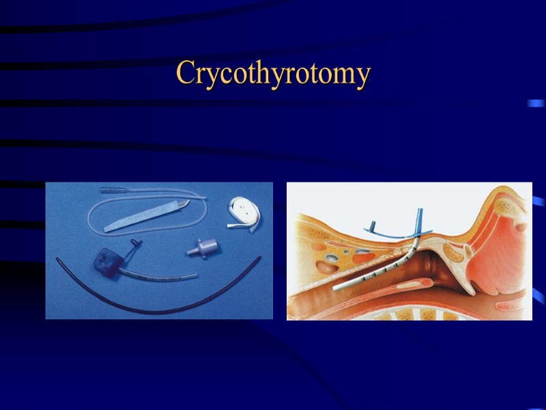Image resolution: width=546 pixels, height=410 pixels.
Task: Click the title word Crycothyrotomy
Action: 273,73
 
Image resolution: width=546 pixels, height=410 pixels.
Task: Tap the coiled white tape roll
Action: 240,208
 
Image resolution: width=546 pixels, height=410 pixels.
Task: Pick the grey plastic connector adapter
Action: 203,248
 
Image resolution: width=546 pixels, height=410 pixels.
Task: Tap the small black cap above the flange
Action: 133,243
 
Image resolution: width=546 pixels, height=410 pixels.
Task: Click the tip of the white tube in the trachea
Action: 336,288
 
